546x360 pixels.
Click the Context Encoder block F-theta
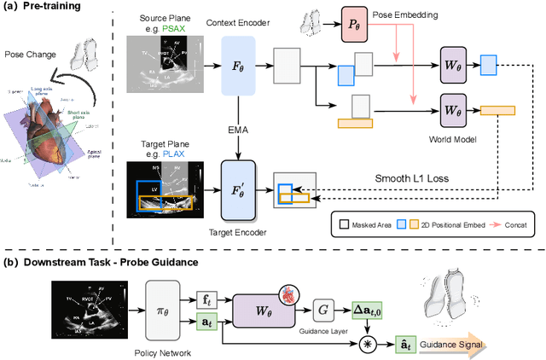239,65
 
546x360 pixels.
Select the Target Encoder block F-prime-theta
239,183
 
